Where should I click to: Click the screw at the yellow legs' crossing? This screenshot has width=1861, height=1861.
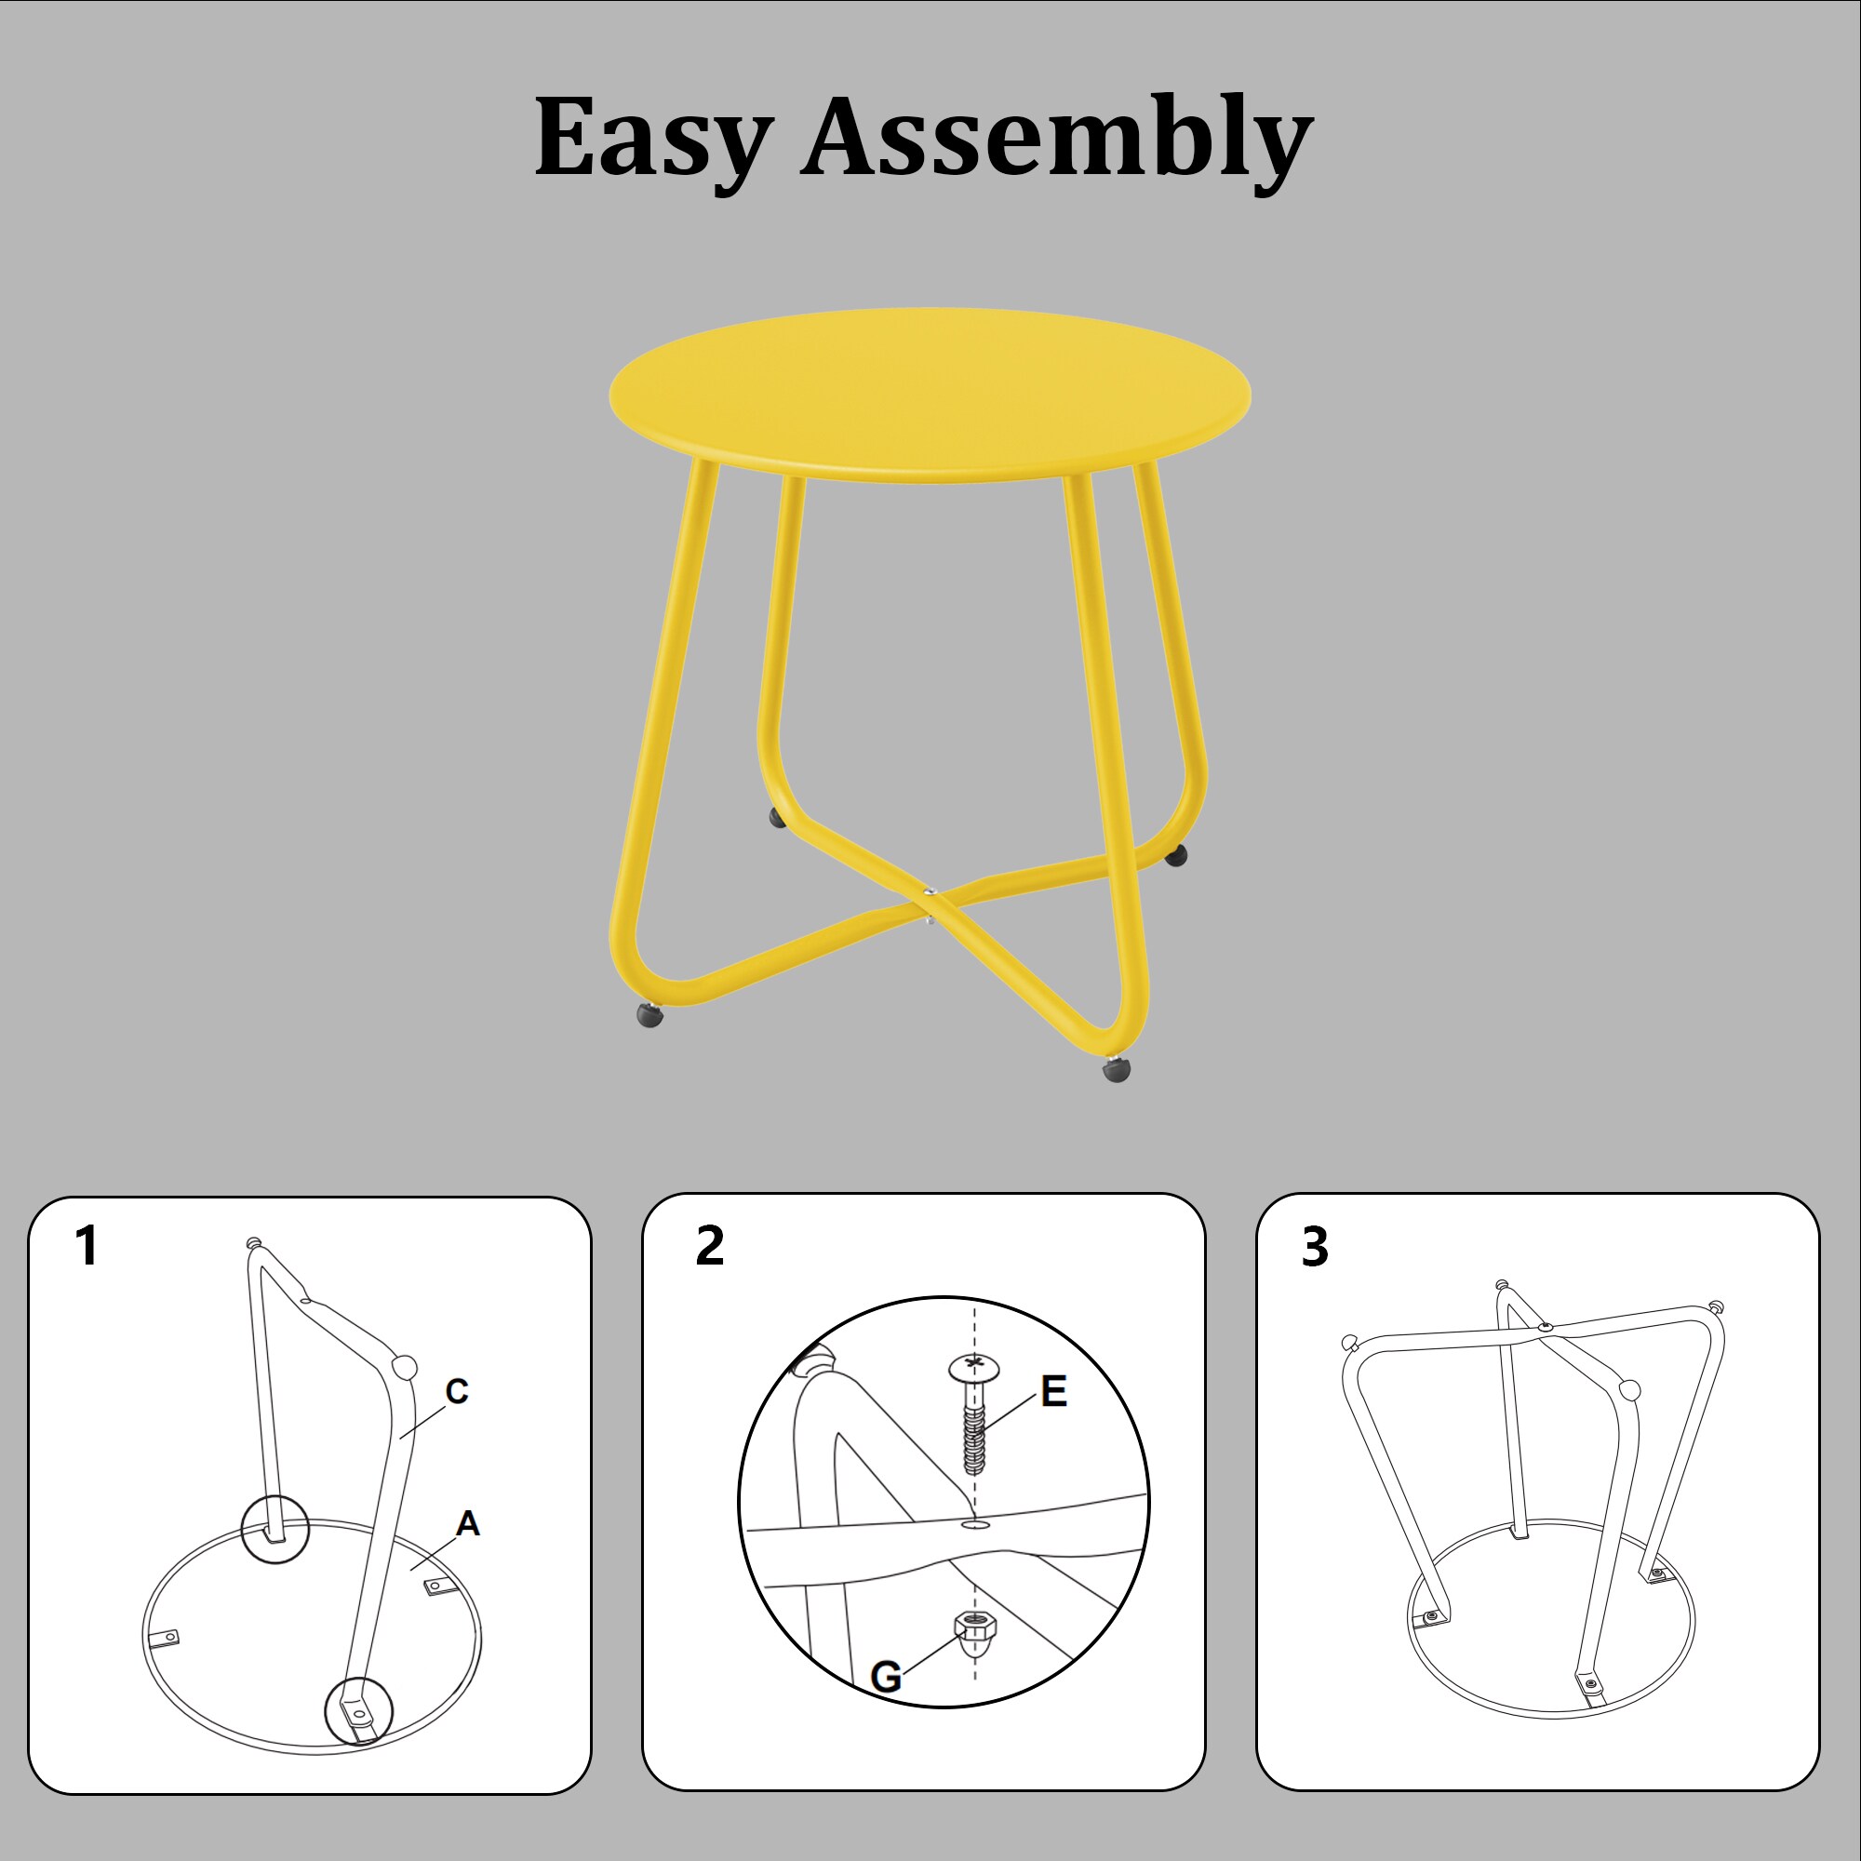tap(930, 893)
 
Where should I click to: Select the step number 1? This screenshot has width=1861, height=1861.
tap(87, 1246)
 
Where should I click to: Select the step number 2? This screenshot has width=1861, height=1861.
tap(710, 1246)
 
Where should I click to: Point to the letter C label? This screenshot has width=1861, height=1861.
tap(457, 1391)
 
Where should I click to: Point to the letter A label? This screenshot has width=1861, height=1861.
tap(467, 1523)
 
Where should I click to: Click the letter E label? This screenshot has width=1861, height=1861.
tap(1054, 1391)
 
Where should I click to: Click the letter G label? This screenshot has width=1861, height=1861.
tap(885, 1677)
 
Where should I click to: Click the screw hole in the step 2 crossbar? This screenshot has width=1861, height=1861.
tap(974, 1525)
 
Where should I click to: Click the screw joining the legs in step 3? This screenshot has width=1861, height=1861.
tap(1546, 1328)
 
